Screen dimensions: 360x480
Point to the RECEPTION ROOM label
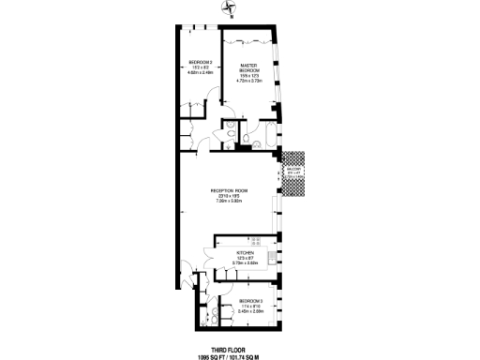[x=230, y=190]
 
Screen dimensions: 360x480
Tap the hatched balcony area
[x=294, y=174]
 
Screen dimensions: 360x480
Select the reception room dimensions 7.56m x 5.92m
[x=230, y=201]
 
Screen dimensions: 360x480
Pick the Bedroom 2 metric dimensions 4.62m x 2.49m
[x=201, y=73]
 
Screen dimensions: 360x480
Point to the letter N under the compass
[x=233, y=18]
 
